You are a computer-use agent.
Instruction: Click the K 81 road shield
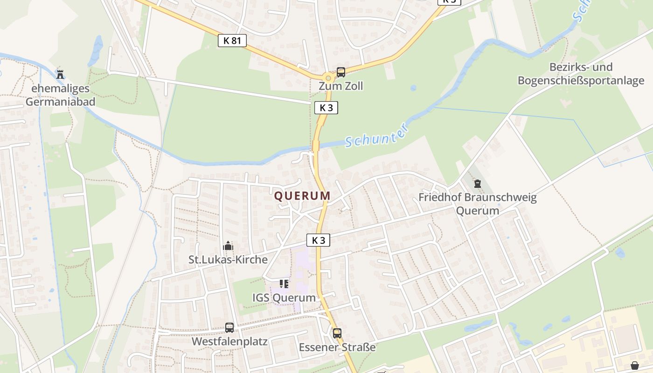[x=232, y=41]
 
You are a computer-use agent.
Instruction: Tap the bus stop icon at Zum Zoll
[x=341, y=72]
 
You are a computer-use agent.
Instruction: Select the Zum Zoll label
[x=340, y=86]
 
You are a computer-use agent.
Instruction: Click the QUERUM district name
[x=302, y=196]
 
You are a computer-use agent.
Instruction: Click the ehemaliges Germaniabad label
[x=60, y=95]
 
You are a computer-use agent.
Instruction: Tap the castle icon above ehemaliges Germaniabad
[x=60, y=74]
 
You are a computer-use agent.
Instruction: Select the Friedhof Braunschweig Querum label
[x=477, y=204]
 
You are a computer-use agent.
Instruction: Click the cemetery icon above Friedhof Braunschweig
[x=477, y=184]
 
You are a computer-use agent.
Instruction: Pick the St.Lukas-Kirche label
[x=228, y=260]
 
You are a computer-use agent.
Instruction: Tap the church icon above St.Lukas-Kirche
[x=228, y=246]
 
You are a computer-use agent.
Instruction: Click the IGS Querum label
[x=284, y=297]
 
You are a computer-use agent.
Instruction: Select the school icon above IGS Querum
[x=284, y=283]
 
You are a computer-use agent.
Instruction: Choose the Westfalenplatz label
[x=229, y=341]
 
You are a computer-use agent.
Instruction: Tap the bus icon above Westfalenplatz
[x=229, y=327]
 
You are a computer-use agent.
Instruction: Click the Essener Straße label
[x=337, y=347]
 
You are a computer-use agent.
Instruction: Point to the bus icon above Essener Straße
[x=337, y=333]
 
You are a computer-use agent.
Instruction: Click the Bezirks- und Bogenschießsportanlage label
[x=581, y=74]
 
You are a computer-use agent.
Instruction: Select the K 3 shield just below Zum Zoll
[x=326, y=108]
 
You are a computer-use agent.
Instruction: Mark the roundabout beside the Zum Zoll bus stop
[x=328, y=78]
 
